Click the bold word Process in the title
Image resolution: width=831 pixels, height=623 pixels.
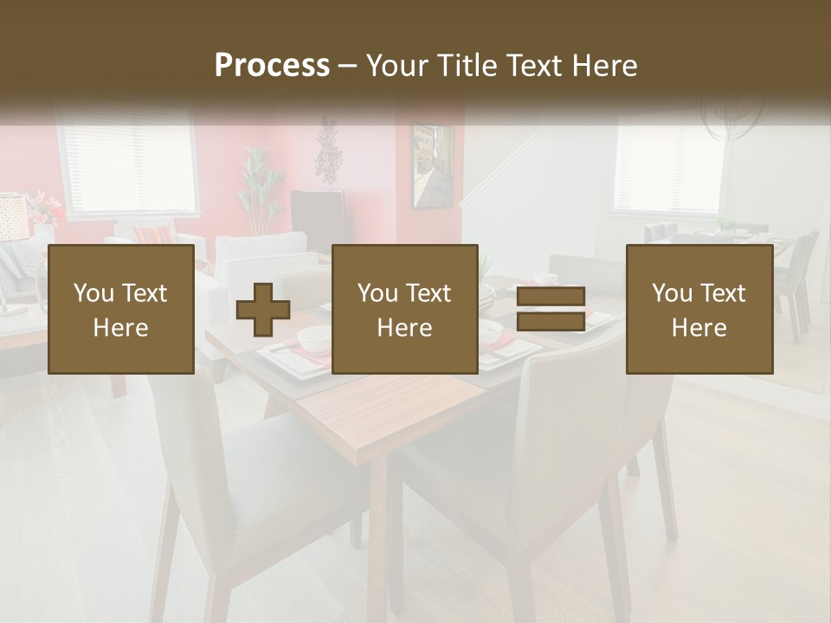[272, 66]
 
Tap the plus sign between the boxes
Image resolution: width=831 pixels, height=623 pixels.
[263, 310]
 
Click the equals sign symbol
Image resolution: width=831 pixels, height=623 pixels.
[551, 309]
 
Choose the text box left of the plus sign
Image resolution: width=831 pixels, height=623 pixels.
[121, 310]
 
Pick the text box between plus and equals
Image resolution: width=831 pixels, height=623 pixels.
[405, 310]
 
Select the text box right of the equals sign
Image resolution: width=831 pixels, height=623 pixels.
[699, 310]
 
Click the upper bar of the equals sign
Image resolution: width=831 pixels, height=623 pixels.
[551, 297]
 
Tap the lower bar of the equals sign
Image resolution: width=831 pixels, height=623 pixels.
[551, 321]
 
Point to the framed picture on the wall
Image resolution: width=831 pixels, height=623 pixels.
[432, 165]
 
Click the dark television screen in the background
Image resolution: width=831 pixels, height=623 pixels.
[317, 221]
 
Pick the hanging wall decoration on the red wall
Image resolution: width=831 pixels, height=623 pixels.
[328, 151]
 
